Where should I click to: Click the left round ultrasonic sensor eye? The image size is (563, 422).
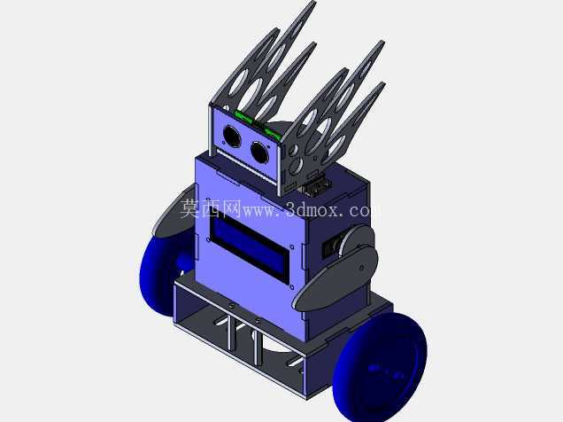[232, 136]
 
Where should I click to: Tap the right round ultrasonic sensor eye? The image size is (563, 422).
[259, 152]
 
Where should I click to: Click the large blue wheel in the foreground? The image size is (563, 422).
[380, 367]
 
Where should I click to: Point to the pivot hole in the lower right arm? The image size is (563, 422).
[362, 268]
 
